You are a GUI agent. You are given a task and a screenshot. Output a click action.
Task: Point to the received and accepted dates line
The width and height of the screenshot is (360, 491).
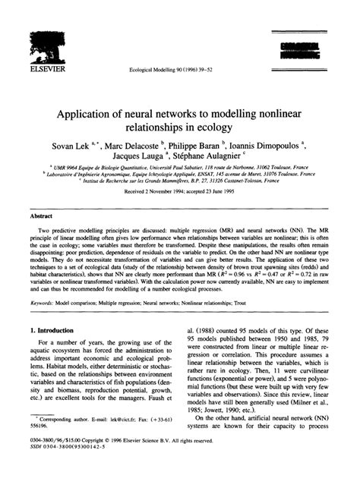(x=180, y=191)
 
